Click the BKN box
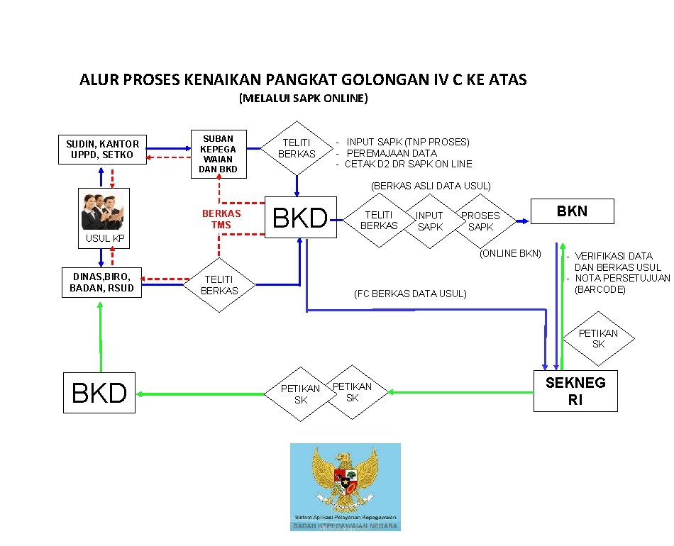[x=572, y=211]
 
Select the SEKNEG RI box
[x=575, y=391]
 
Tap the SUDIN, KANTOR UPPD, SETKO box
[x=103, y=149]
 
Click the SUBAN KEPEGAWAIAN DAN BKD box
[x=219, y=154]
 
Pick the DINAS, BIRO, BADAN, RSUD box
[x=101, y=282]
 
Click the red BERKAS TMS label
[x=221, y=218]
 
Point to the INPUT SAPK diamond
[x=429, y=221]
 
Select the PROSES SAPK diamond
[x=480, y=221]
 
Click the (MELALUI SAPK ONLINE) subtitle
[x=304, y=98]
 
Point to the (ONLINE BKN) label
[x=510, y=253]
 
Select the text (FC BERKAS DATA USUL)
[x=410, y=294]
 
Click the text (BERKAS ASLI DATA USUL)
[x=431, y=186]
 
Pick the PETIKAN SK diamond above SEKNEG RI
[x=597, y=338]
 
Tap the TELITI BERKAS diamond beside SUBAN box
[x=297, y=148]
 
